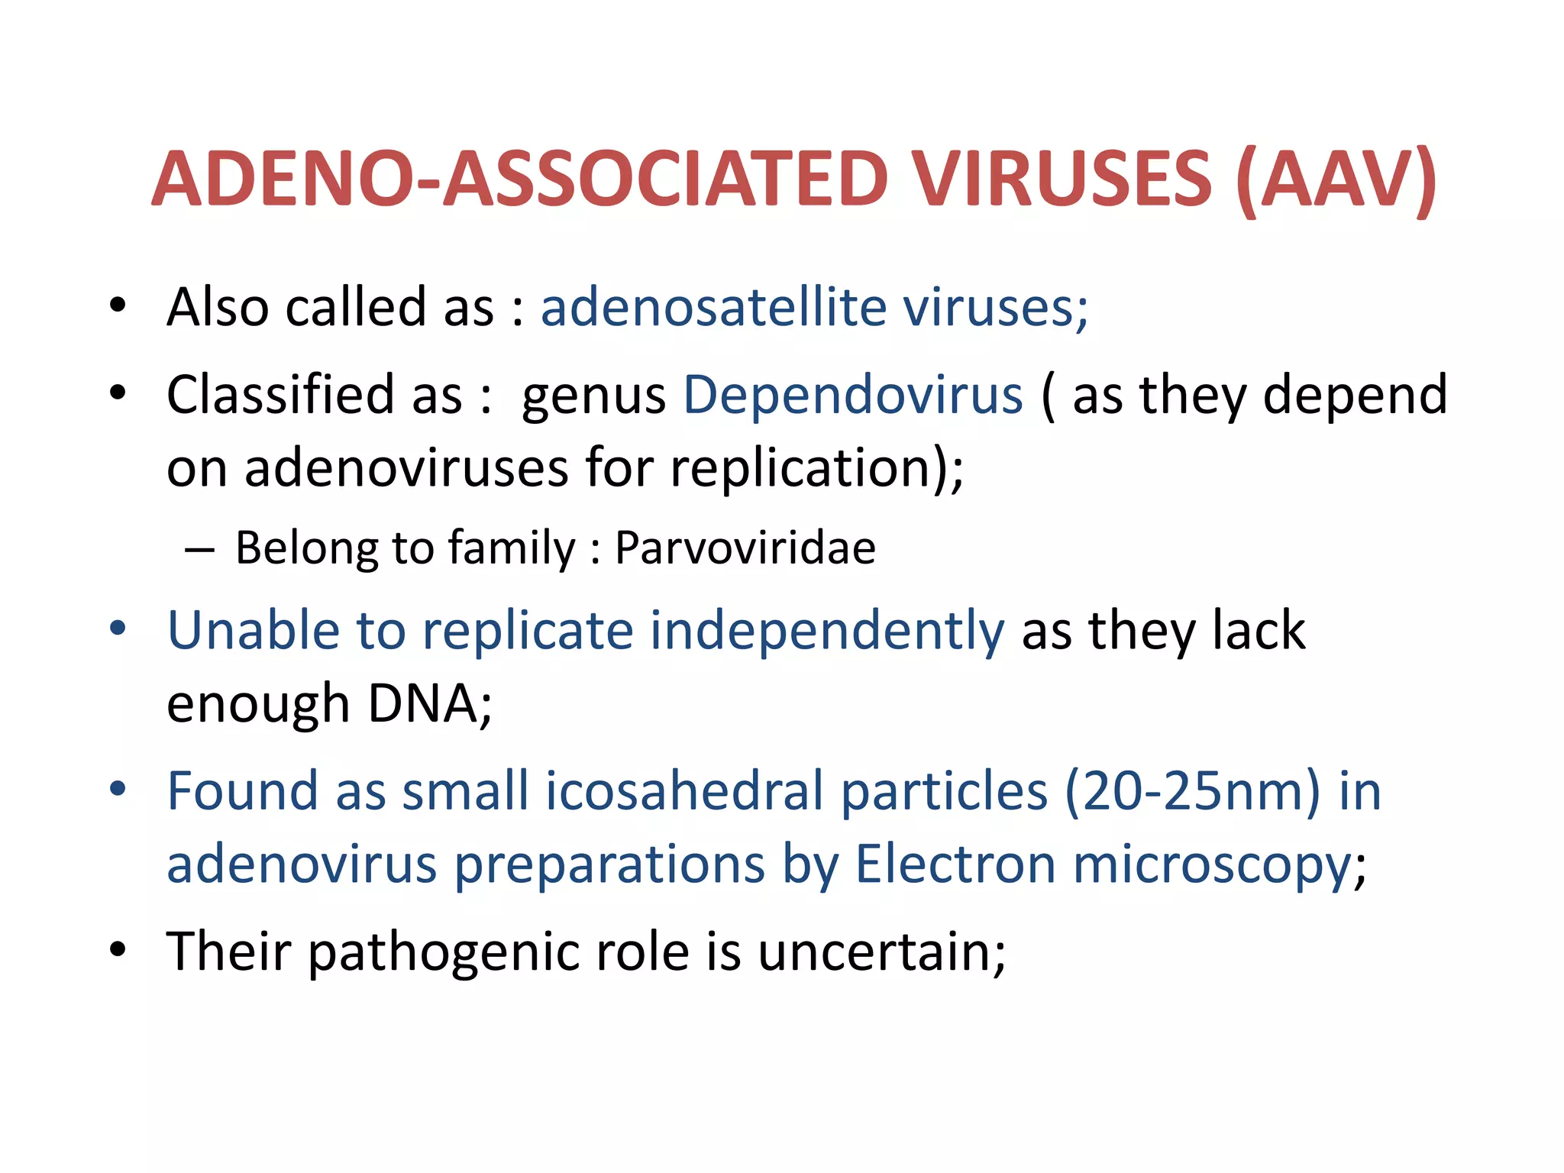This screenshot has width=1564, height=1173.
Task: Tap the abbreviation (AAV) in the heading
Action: coord(1336,180)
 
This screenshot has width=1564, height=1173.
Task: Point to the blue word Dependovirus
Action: coord(852,395)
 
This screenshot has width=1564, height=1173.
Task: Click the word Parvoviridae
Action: coord(745,548)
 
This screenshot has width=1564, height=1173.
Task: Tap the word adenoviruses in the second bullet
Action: coord(406,467)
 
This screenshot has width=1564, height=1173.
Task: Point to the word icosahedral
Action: coord(683,791)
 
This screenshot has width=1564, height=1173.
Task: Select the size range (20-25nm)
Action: coord(1192,791)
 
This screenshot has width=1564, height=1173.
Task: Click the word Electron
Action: coord(955,864)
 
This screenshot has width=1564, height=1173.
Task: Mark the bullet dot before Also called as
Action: coord(117,305)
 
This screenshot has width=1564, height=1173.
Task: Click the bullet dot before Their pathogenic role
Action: coord(117,950)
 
